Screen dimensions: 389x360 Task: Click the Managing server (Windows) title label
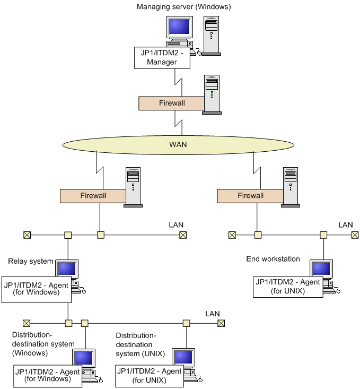[x=183, y=7]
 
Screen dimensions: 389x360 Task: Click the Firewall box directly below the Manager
[x=172, y=103]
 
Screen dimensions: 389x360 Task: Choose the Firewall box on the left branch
[x=93, y=195]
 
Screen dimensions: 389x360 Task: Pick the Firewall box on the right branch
[x=250, y=195]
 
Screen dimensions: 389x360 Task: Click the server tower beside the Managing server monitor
[x=211, y=35]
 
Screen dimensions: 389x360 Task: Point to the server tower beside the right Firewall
[x=291, y=186]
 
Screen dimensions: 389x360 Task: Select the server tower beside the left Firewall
[x=133, y=186]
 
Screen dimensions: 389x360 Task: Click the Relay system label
[x=31, y=261]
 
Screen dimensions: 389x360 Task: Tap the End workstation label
[x=273, y=259]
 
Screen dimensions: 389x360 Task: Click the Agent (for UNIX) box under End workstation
[x=287, y=286]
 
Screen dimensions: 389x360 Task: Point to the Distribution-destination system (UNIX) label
[x=141, y=344]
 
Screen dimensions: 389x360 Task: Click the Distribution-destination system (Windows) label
[x=43, y=343]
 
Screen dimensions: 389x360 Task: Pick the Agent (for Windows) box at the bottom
[x=48, y=376]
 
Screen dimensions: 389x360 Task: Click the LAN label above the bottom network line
[x=212, y=314]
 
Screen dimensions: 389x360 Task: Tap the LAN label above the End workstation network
[x=345, y=225]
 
